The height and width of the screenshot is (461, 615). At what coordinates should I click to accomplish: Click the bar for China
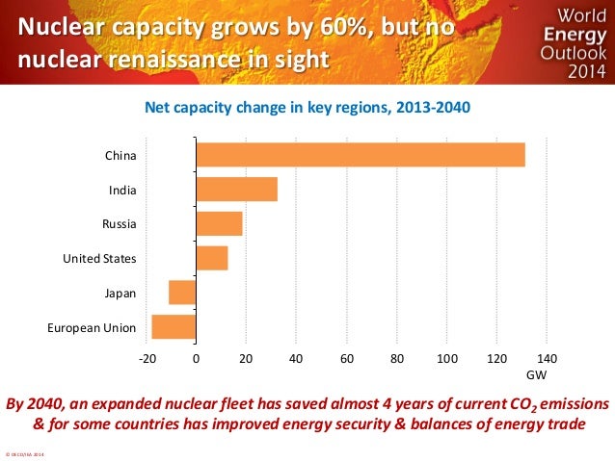tap(360, 155)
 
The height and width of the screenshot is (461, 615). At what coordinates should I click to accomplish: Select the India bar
tap(236, 190)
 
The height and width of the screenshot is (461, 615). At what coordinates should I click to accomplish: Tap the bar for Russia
tap(219, 224)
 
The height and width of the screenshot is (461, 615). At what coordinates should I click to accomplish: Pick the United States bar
tap(211, 258)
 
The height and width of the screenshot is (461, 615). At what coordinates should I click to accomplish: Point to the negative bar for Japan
tap(182, 293)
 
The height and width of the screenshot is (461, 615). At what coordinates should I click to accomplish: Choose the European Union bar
tap(174, 327)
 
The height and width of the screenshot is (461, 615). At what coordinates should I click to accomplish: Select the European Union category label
tap(92, 328)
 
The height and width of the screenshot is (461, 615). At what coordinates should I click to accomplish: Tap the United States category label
tap(99, 259)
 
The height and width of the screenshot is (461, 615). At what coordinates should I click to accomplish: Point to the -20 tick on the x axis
tap(147, 358)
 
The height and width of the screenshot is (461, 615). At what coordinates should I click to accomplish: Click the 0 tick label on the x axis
tap(196, 358)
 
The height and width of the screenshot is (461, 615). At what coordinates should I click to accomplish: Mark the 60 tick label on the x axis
tap(346, 358)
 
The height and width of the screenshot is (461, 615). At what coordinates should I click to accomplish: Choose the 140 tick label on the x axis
tap(546, 358)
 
